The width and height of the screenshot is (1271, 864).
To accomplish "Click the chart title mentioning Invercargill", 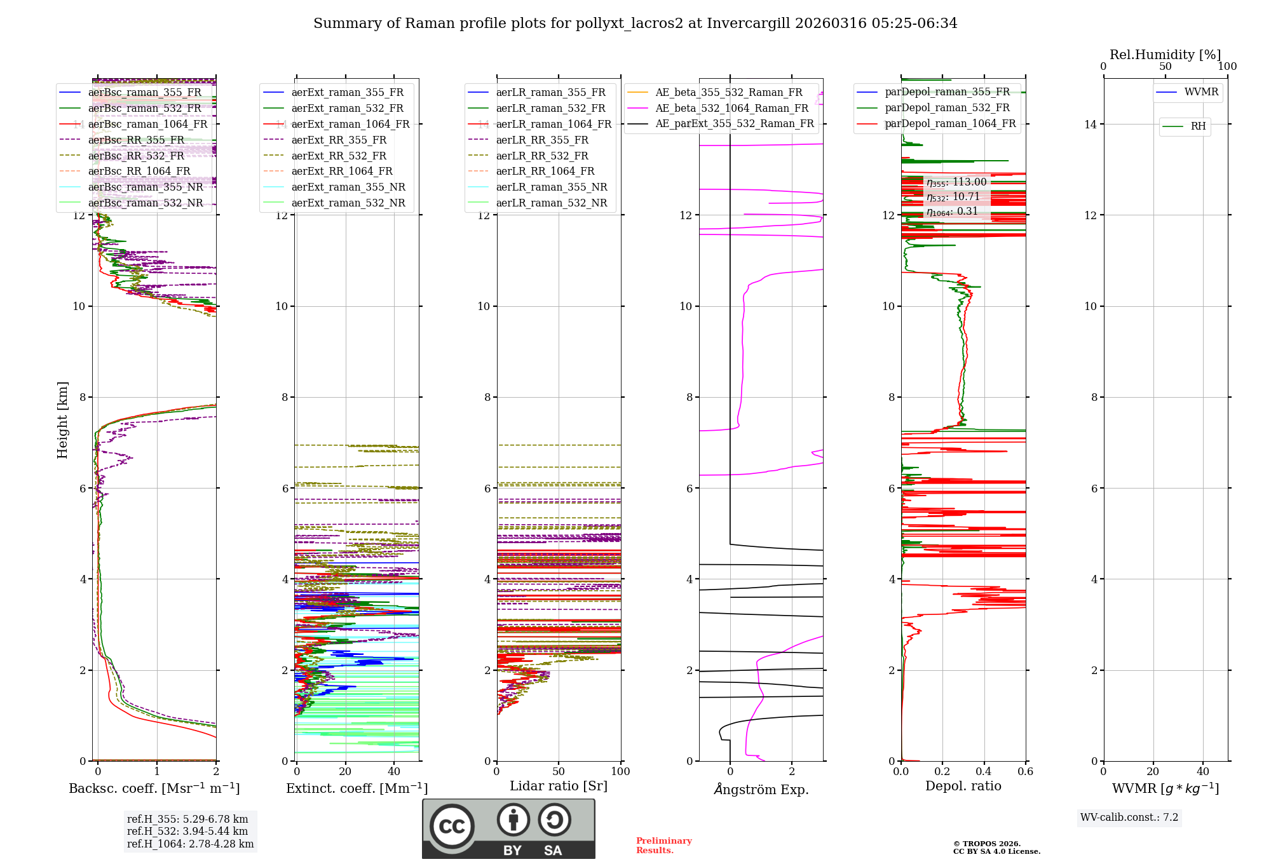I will (635, 24).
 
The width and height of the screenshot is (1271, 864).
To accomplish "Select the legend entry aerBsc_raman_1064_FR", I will (147, 124).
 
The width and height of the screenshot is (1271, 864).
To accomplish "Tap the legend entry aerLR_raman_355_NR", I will (551, 187).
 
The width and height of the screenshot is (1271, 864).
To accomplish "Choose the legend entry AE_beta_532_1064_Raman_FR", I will (731, 108).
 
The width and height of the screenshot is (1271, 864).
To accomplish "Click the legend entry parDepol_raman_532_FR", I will (947, 108).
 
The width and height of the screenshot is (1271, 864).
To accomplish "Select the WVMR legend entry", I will (1200, 92).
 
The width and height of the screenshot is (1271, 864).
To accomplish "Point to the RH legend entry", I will (1198, 126).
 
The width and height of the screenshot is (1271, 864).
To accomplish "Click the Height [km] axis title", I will (62, 420).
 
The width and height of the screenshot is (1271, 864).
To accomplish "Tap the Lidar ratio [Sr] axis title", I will (559, 786).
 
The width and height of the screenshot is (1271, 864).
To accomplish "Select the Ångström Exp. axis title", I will (761, 789).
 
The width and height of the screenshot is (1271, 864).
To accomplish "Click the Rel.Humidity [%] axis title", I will (1165, 55).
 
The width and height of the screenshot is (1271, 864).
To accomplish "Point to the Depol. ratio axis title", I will (963, 786).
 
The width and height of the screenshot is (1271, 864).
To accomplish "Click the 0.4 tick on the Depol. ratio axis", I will (984, 771).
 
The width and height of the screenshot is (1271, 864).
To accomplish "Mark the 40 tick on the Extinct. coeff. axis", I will (394, 771).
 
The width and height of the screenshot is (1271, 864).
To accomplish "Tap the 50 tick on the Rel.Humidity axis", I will (1165, 67).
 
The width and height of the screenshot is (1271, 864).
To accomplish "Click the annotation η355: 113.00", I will (956, 182).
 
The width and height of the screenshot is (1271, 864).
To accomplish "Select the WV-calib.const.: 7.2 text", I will (1129, 818).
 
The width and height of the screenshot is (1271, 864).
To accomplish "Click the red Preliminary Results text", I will (663, 846).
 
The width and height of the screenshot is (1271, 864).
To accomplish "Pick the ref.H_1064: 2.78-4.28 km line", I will (190, 844).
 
